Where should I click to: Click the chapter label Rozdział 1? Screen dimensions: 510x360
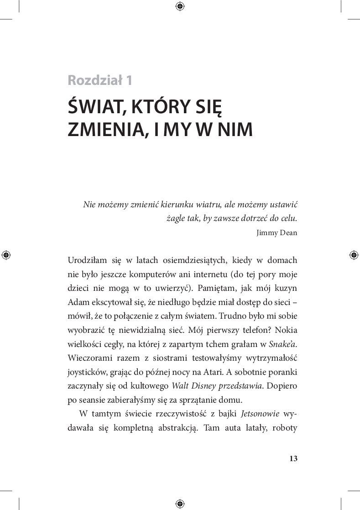(x=100, y=80)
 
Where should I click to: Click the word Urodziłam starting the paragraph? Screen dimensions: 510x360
(x=87, y=261)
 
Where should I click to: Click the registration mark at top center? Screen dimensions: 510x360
(x=180, y=6)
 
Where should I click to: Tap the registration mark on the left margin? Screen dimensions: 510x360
(x=6, y=255)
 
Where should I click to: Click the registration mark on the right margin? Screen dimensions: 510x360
(x=353, y=255)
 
